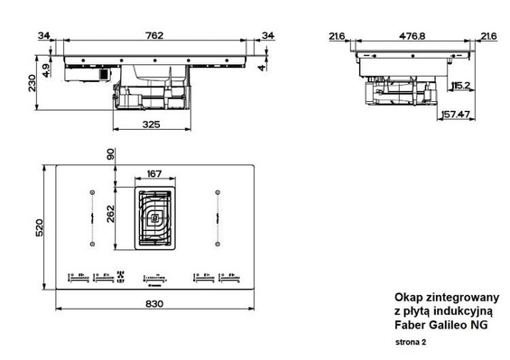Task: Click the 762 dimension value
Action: pos(154,36)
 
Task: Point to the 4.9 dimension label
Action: pos(46,68)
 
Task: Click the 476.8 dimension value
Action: pos(414,36)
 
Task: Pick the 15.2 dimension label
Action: pos(459,86)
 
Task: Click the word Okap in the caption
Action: pos(408,298)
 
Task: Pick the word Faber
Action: pos(412,325)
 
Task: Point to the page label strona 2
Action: pos(410,344)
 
